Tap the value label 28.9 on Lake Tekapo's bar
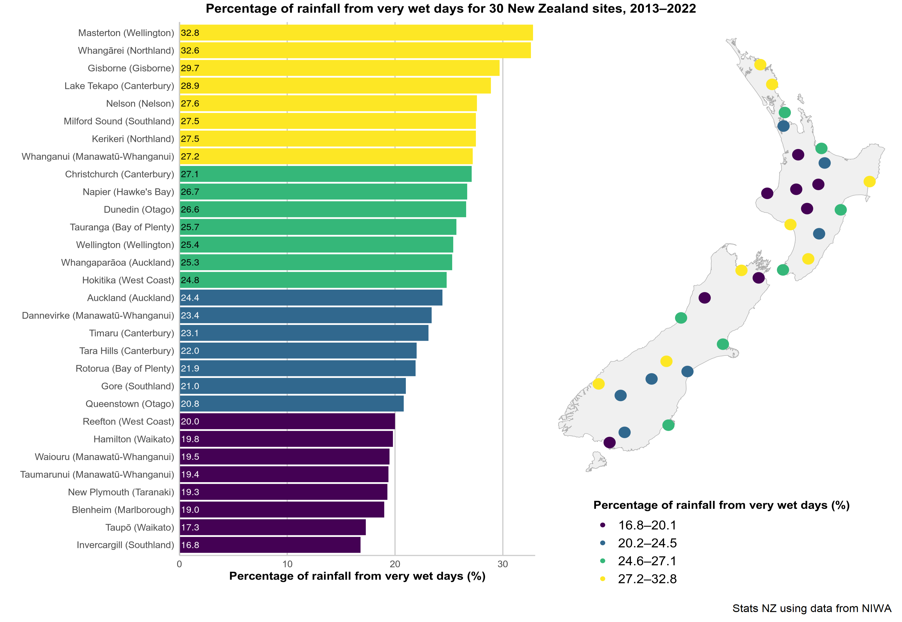(190, 86)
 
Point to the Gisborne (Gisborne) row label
(131, 68)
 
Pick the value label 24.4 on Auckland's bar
(190, 298)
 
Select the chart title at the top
(451, 9)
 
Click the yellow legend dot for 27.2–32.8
(603, 579)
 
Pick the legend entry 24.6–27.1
(647, 561)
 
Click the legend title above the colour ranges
(721, 505)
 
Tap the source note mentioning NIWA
(812, 608)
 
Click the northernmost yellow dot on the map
(760, 64)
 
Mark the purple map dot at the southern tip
(609, 442)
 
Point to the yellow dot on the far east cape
(869, 181)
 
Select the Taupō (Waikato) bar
(273, 527)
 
